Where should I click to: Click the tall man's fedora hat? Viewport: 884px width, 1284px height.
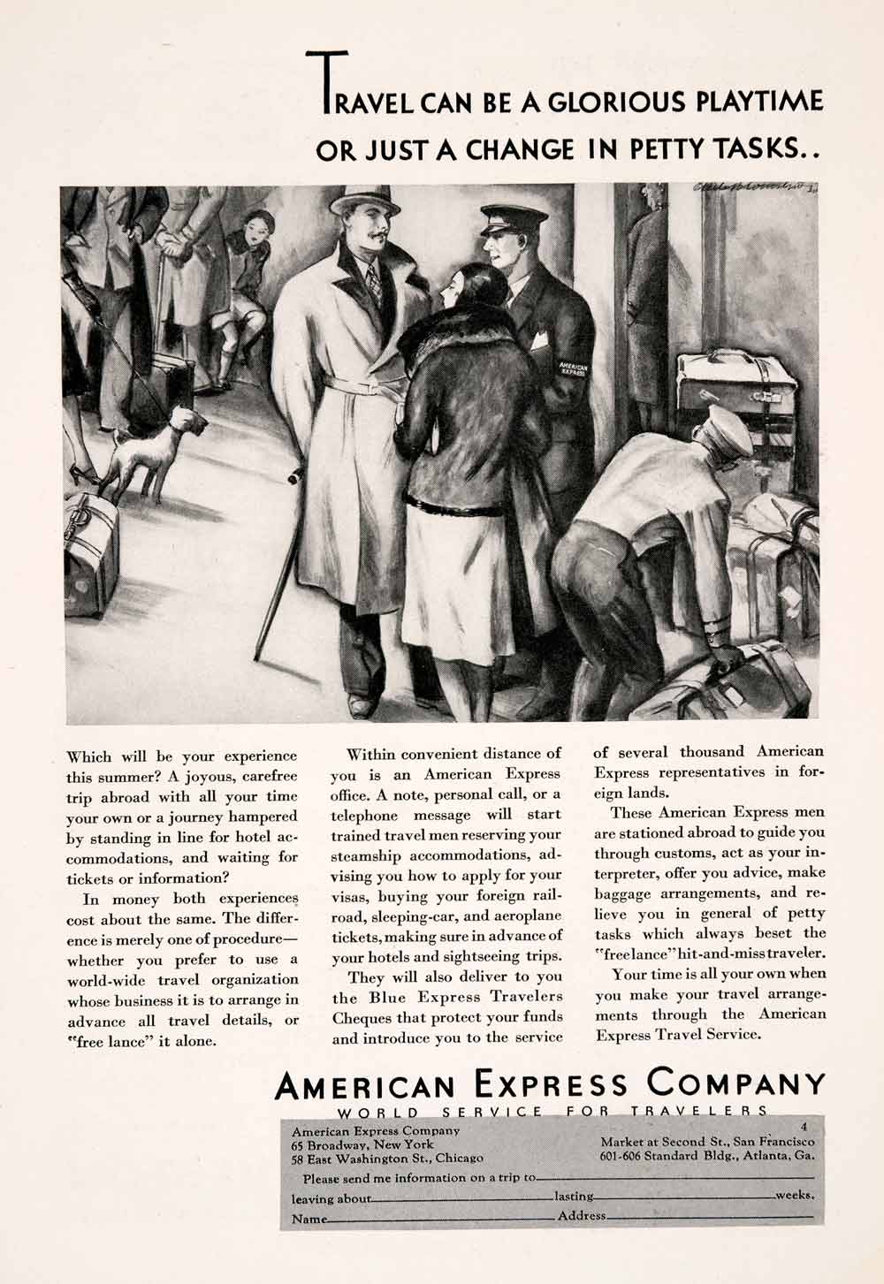360,201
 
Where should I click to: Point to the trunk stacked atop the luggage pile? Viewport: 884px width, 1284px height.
735,379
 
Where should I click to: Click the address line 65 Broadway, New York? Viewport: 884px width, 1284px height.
362,1143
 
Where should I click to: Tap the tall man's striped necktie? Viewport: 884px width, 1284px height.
374,282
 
